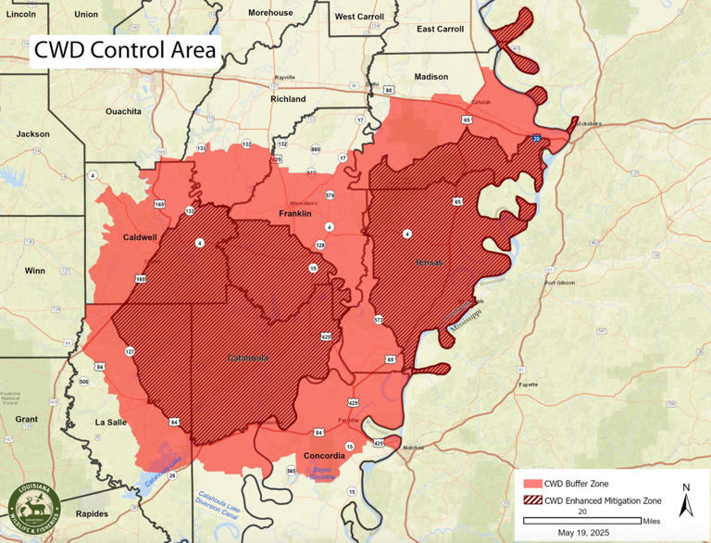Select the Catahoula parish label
248,357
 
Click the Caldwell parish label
141,237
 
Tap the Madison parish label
430,77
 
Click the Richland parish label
288,99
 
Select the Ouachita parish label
123,111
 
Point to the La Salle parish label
111,422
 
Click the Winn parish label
35,271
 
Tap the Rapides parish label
92,513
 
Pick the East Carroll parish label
440,29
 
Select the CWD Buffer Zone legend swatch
531,483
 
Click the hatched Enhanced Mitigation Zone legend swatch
531,500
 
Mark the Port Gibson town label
564,283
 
